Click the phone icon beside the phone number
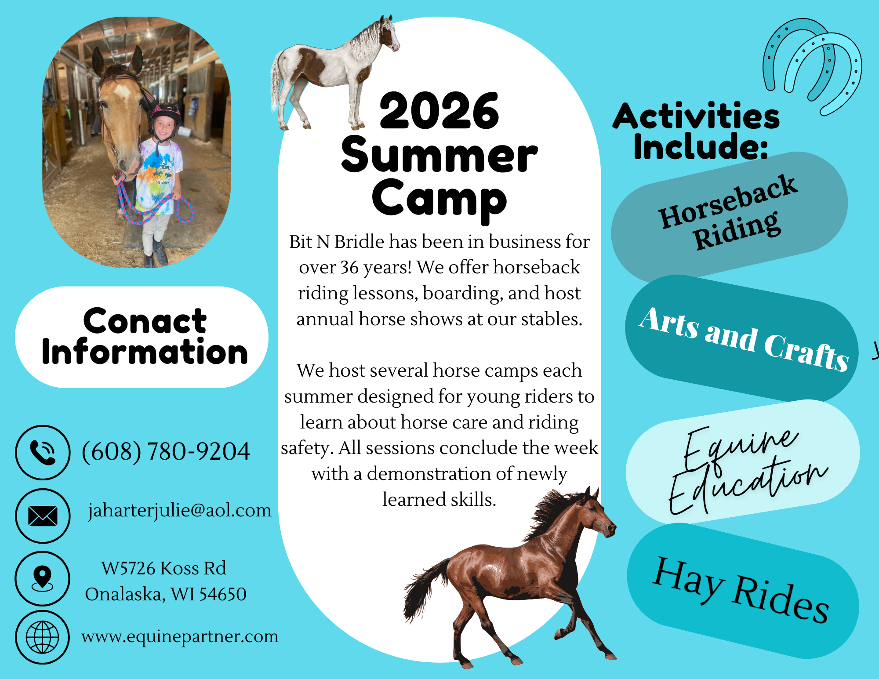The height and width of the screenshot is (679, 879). [43, 452]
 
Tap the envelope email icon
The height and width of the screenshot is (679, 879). [43, 516]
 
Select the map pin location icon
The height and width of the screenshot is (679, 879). [43, 578]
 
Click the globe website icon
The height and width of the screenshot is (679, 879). [43, 637]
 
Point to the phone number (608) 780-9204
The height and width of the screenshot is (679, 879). [166, 452]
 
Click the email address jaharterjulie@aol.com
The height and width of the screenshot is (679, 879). [180, 511]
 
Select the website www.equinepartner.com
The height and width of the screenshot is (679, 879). [180, 637]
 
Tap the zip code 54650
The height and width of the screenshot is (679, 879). [223, 594]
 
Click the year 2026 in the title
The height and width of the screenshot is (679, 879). [439, 111]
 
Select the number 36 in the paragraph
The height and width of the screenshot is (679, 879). [349, 267]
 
